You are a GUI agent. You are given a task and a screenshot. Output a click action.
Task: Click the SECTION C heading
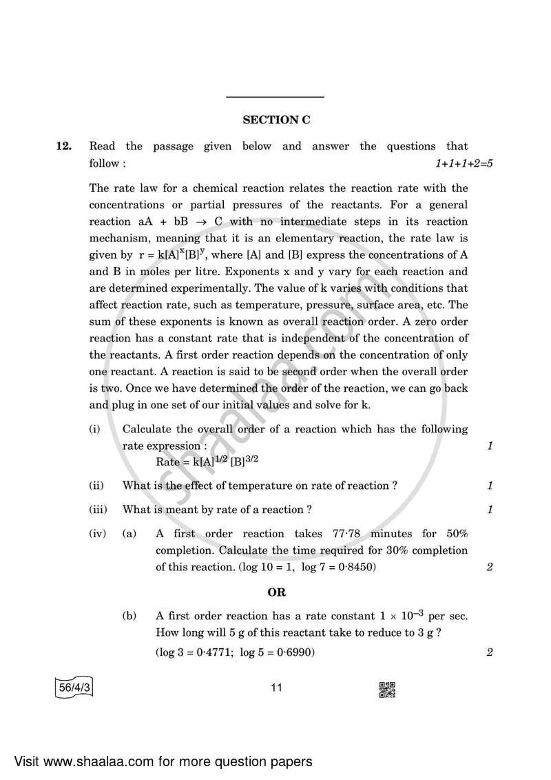pos(276,120)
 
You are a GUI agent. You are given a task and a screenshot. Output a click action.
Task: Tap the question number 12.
pos(63,146)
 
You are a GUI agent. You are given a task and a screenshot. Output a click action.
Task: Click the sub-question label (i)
pos(94,429)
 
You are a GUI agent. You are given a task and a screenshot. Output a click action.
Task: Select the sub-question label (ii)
pos(96,486)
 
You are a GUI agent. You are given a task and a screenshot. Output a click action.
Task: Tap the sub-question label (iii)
pos(97,510)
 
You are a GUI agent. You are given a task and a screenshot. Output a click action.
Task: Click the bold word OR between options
pos(276,592)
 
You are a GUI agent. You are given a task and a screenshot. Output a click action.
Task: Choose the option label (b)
pos(129,616)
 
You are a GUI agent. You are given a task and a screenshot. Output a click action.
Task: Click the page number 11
pos(276,688)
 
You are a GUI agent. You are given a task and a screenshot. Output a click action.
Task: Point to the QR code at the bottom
pos(387,688)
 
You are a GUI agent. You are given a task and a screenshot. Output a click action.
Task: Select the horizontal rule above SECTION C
pos(276,97)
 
